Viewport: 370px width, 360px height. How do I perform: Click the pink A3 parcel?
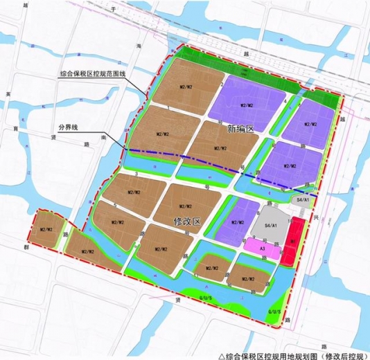coord(263,248)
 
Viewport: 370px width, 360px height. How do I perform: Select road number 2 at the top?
coord(221,85)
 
